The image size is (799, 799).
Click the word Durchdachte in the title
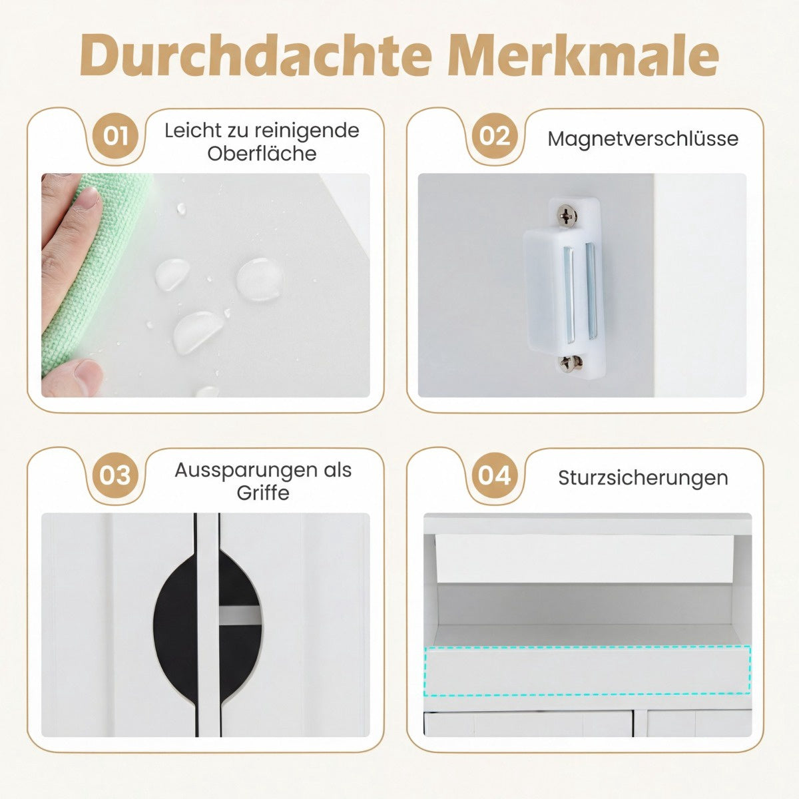(x=256, y=55)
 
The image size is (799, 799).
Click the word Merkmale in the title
(x=583, y=55)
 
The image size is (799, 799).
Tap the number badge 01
(x=116, y=136)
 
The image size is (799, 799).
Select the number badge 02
(x=495, y=136)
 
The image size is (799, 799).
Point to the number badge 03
(x=115, y=475)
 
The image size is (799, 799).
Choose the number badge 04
(x=495, y=475)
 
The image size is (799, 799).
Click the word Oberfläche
(x=262, y=154)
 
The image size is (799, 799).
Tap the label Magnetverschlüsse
(x=643, y=138)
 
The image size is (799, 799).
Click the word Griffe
(x=263, y=493)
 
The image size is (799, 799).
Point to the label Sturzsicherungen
(x=643, y=477)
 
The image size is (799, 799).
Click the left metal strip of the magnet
(x=569, y=294)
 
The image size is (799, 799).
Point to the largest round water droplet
(x=260, y=279)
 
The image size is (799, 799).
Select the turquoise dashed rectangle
(x=587, y=671)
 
